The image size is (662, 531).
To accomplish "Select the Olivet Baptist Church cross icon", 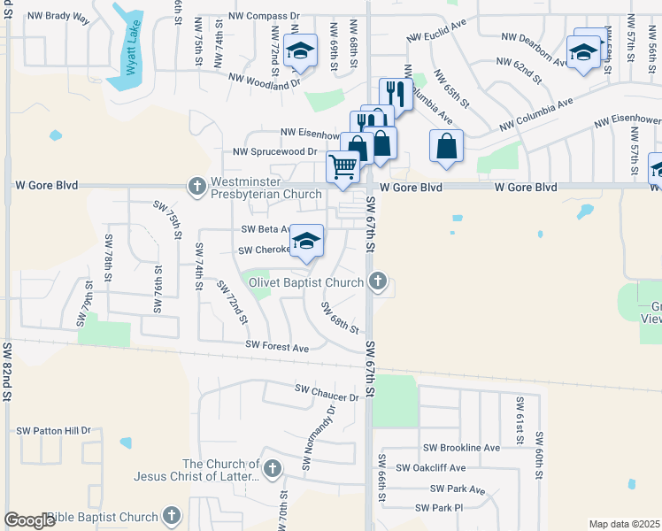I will click(378, 281).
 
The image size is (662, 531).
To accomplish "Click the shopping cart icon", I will click(343, 165).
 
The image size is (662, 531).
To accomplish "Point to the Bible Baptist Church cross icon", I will click(172, 515).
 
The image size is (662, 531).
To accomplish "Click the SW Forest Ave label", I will click(277, 348).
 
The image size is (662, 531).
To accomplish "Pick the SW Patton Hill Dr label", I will click(54, 431).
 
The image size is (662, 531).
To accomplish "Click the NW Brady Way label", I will click(58, 17).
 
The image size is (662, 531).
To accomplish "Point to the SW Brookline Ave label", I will click(461, 448).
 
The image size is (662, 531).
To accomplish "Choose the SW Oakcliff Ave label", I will click(430, 467).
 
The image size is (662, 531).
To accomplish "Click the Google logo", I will click(29, 520).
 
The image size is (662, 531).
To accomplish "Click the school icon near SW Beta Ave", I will click(306, 240).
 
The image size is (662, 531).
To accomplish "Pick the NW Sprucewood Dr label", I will click(274, 152).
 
